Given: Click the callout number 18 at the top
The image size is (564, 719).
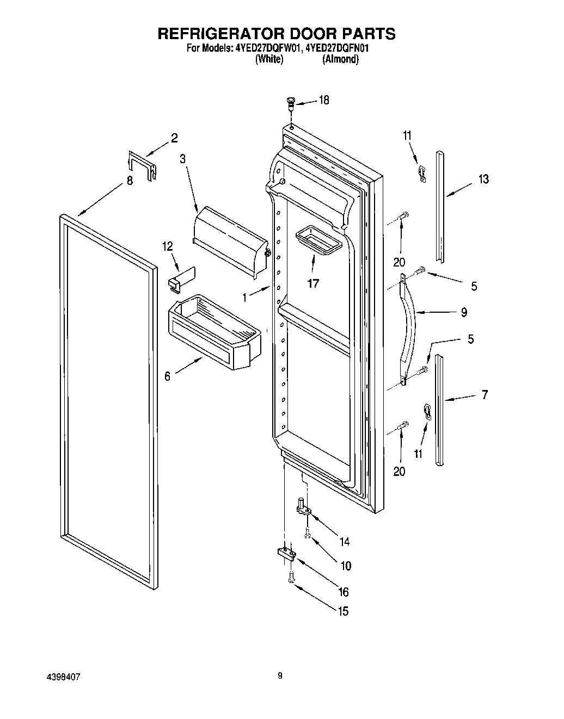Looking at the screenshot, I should coord(324,100).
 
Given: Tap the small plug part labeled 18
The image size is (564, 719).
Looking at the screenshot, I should coord(291,101).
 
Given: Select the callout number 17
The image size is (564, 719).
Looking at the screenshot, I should coord(312,283).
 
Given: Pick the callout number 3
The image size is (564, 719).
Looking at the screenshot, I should coord(182,159).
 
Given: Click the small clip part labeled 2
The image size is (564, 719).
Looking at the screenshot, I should coord(142,164).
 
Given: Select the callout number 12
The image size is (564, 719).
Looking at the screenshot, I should coord(167,246).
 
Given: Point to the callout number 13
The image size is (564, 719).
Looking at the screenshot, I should coord(483,179).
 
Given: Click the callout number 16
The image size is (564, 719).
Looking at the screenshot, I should coord(344,592).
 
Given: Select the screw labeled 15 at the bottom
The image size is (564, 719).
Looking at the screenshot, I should coord(291,578).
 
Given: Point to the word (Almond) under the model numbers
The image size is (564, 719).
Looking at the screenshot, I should coord(340,60).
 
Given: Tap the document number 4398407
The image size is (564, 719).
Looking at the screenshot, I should coord(64,676).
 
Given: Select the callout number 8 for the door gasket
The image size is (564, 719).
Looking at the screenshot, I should coord(130,182).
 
